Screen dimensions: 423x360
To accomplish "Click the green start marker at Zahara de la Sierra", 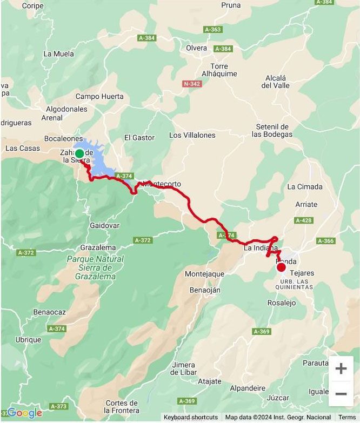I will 79,153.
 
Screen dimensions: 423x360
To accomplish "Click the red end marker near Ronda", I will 281,267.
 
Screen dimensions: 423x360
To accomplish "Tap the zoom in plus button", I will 341,368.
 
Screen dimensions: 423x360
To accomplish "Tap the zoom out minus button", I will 341,394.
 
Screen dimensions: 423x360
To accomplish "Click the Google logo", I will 24,413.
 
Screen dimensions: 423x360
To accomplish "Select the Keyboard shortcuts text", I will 191,417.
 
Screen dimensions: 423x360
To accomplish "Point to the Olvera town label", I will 196,48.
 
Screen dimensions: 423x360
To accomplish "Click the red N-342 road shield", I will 192,84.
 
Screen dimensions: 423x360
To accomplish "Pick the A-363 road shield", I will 212,29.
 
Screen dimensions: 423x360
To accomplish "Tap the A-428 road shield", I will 304,220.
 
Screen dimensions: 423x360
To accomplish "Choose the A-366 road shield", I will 325,241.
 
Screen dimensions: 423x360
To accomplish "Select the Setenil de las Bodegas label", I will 274,130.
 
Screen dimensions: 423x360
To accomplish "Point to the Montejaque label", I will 204,274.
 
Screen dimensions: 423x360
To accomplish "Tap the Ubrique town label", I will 28,340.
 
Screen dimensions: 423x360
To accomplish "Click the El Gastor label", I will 139,138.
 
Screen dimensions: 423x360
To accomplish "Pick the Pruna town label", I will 231,5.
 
